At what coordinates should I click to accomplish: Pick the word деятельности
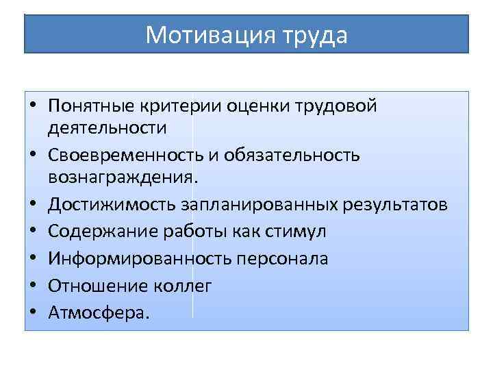click(x=108, y=128)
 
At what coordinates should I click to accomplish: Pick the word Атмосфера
click(x=99, y=313)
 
